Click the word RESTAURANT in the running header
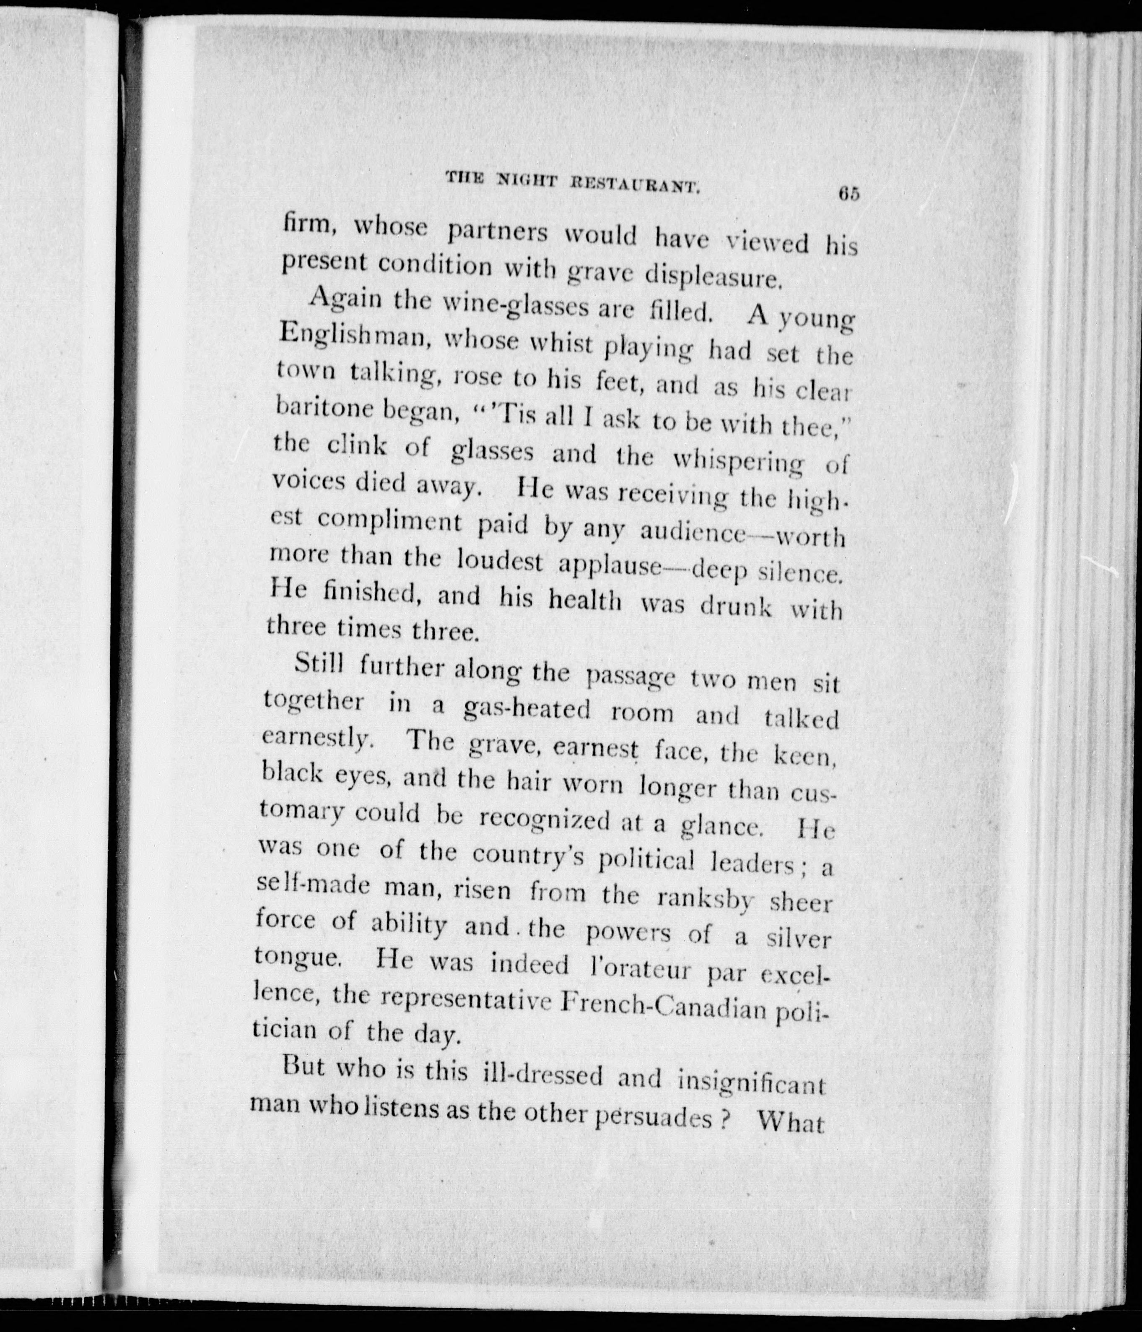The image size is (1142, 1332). click(633, 187)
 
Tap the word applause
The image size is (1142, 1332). click(610, 564)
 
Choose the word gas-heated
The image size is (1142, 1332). click(526, 709)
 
